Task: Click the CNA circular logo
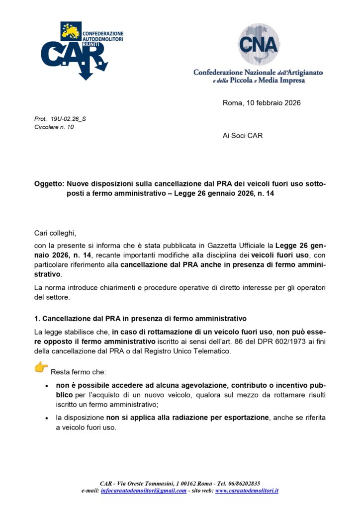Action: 258,44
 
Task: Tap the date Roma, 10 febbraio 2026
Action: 262,103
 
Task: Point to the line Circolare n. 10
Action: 54,127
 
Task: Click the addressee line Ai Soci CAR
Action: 243,136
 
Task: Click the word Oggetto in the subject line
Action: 48,184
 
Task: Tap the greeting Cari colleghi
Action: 56,233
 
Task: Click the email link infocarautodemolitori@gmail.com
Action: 143,491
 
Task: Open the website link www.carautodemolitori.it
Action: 247,491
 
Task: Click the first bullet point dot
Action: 46,386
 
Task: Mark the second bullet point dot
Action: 46,419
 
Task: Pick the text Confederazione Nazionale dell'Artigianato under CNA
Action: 258,73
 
